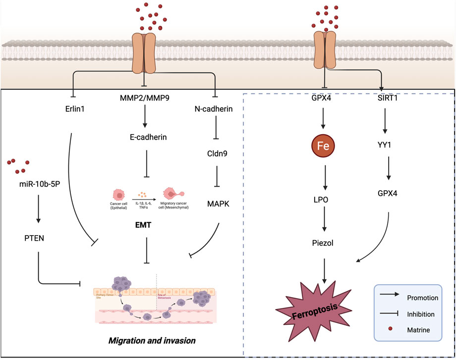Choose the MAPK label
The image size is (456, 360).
coord(214,188)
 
